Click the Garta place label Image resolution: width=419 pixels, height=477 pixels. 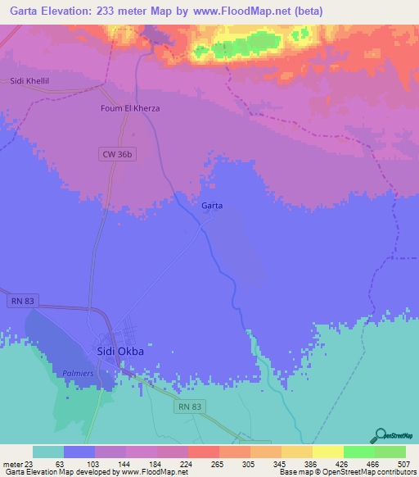coord(212,206)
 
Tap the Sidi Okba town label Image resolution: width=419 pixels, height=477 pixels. coord(120,352)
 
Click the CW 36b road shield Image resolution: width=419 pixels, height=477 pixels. coord(119,153)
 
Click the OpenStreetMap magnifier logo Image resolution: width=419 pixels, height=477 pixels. coord(379,436)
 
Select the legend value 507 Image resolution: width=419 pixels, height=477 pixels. coord(404,463)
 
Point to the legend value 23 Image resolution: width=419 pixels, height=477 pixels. coord(29,463)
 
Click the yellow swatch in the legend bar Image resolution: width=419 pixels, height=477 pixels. coord(327,452)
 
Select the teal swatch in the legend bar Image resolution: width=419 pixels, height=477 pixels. coord(47,452)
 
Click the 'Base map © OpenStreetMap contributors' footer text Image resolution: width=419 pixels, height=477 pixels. coord(346,472)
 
